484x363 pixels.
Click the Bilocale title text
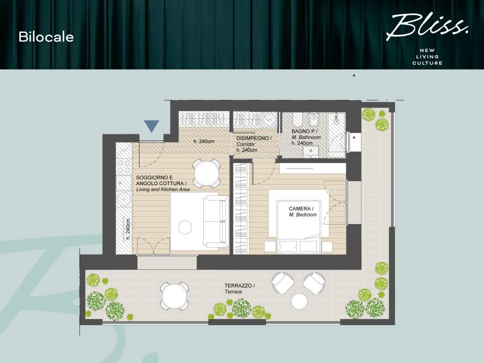46,37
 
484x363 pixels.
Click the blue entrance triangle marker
151,126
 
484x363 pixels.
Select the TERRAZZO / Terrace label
240,289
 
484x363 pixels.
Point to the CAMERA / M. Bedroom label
302,211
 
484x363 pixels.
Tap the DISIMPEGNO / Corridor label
254,144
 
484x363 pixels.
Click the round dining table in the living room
206,173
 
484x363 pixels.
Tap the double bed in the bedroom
299,222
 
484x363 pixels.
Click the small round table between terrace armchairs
300,301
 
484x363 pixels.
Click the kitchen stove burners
124,165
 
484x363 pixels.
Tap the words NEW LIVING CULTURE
427,56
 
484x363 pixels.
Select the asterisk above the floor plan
354,76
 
